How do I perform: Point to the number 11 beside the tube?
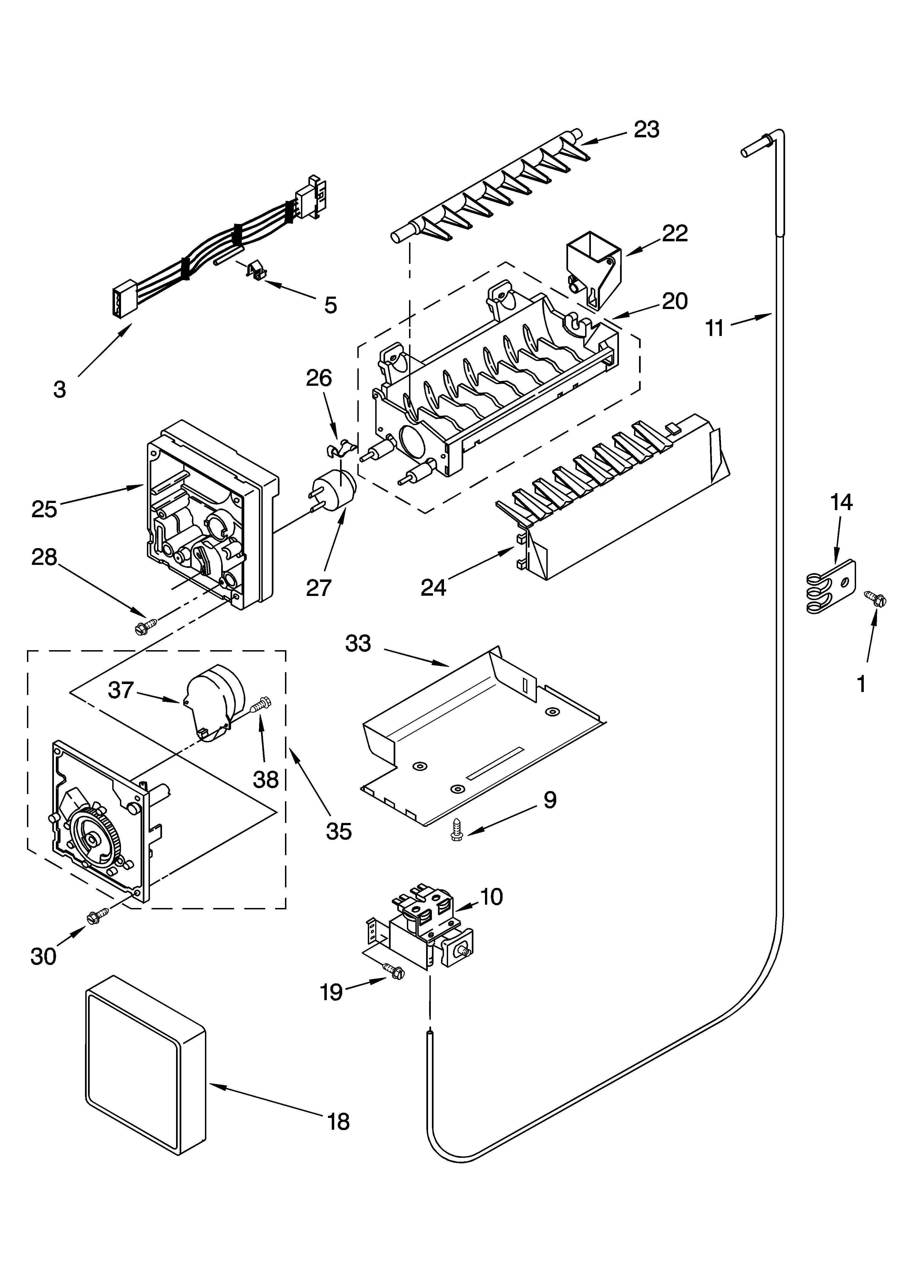[715, 328]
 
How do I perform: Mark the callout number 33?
[358, 643]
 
